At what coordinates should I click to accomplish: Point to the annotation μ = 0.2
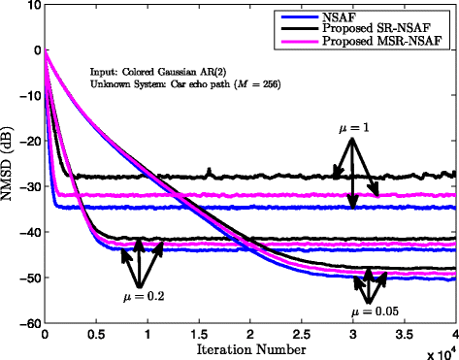[137, 296]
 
